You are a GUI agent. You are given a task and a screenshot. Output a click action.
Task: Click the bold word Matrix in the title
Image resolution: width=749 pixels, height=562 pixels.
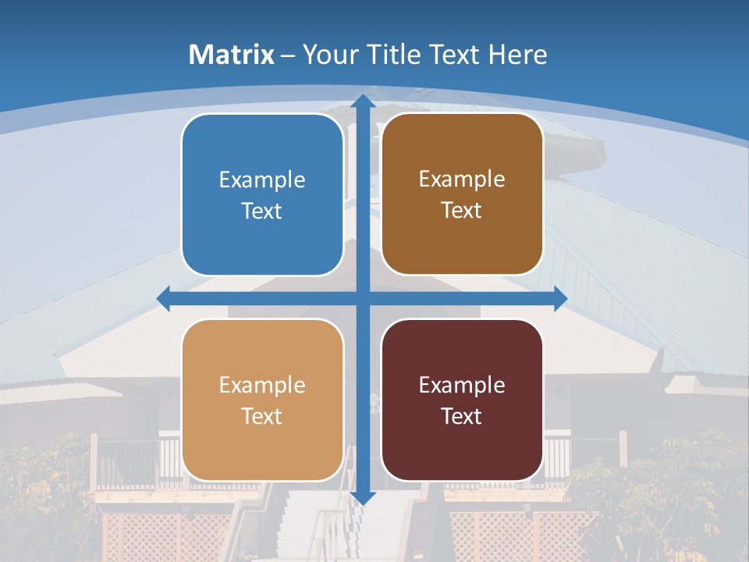click(232, 55)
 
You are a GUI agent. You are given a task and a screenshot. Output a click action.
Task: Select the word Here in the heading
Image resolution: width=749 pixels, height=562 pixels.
click(517, 55)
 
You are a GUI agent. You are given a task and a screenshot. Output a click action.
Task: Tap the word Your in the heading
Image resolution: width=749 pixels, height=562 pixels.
click(327, 55)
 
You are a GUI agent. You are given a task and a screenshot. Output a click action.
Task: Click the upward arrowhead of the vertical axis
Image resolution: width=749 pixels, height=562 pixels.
click(362, 101)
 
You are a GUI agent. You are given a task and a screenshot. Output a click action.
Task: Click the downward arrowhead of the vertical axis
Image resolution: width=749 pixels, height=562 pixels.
click(362, 497)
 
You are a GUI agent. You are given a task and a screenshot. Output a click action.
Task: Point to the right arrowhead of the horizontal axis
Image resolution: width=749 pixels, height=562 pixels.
click(559, 298)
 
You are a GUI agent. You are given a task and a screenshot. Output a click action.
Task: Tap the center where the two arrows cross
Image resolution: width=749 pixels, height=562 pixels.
click(362, 298)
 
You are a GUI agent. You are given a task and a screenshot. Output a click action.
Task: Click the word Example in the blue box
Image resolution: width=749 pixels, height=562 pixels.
click(262, 180)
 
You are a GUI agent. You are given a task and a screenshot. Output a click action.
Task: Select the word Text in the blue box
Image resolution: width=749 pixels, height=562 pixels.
click(262, 211)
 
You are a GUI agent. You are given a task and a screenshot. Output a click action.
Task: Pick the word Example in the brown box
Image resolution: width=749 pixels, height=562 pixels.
click(462, 180)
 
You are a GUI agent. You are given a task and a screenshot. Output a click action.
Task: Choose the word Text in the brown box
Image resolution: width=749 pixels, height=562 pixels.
click(462, 210)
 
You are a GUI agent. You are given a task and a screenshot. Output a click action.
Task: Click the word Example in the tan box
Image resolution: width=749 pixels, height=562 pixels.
click(262, 386)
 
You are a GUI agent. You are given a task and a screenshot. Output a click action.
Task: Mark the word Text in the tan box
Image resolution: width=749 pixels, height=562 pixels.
click(262, 416)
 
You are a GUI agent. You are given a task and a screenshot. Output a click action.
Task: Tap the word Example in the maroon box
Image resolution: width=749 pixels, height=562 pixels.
click(462, 386)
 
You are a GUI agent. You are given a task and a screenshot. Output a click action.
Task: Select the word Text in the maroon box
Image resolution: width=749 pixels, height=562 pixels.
click(462, 416)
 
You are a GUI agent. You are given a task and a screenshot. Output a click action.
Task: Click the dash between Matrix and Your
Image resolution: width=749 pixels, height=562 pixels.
click(288, 55)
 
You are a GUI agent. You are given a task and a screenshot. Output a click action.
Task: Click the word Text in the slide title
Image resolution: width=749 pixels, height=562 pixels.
click(456, 55)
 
